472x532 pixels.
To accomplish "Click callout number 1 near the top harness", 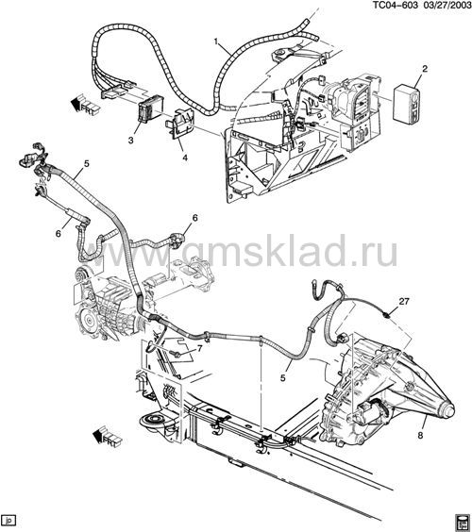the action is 216,42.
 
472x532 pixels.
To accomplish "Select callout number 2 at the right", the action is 425,69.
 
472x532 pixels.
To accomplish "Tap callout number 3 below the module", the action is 130,140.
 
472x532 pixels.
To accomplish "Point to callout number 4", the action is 185,158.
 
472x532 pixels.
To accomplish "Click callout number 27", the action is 404,301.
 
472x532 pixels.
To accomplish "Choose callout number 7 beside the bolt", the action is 199,348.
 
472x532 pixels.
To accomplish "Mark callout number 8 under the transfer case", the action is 420,435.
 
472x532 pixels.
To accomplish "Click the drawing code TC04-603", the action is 396,5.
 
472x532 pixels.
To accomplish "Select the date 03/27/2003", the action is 446,5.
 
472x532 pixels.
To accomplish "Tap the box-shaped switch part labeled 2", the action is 407,103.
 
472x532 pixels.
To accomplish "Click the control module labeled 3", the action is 150,108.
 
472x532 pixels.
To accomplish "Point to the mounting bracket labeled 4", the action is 179,125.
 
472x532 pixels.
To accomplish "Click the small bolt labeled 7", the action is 177,354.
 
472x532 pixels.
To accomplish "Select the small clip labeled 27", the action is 386,316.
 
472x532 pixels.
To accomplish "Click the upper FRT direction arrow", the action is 86,104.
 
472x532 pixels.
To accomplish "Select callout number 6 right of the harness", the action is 194,218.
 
